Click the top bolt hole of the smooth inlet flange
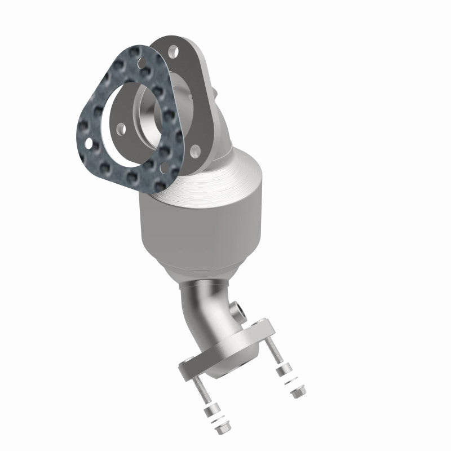coord(171,52)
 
